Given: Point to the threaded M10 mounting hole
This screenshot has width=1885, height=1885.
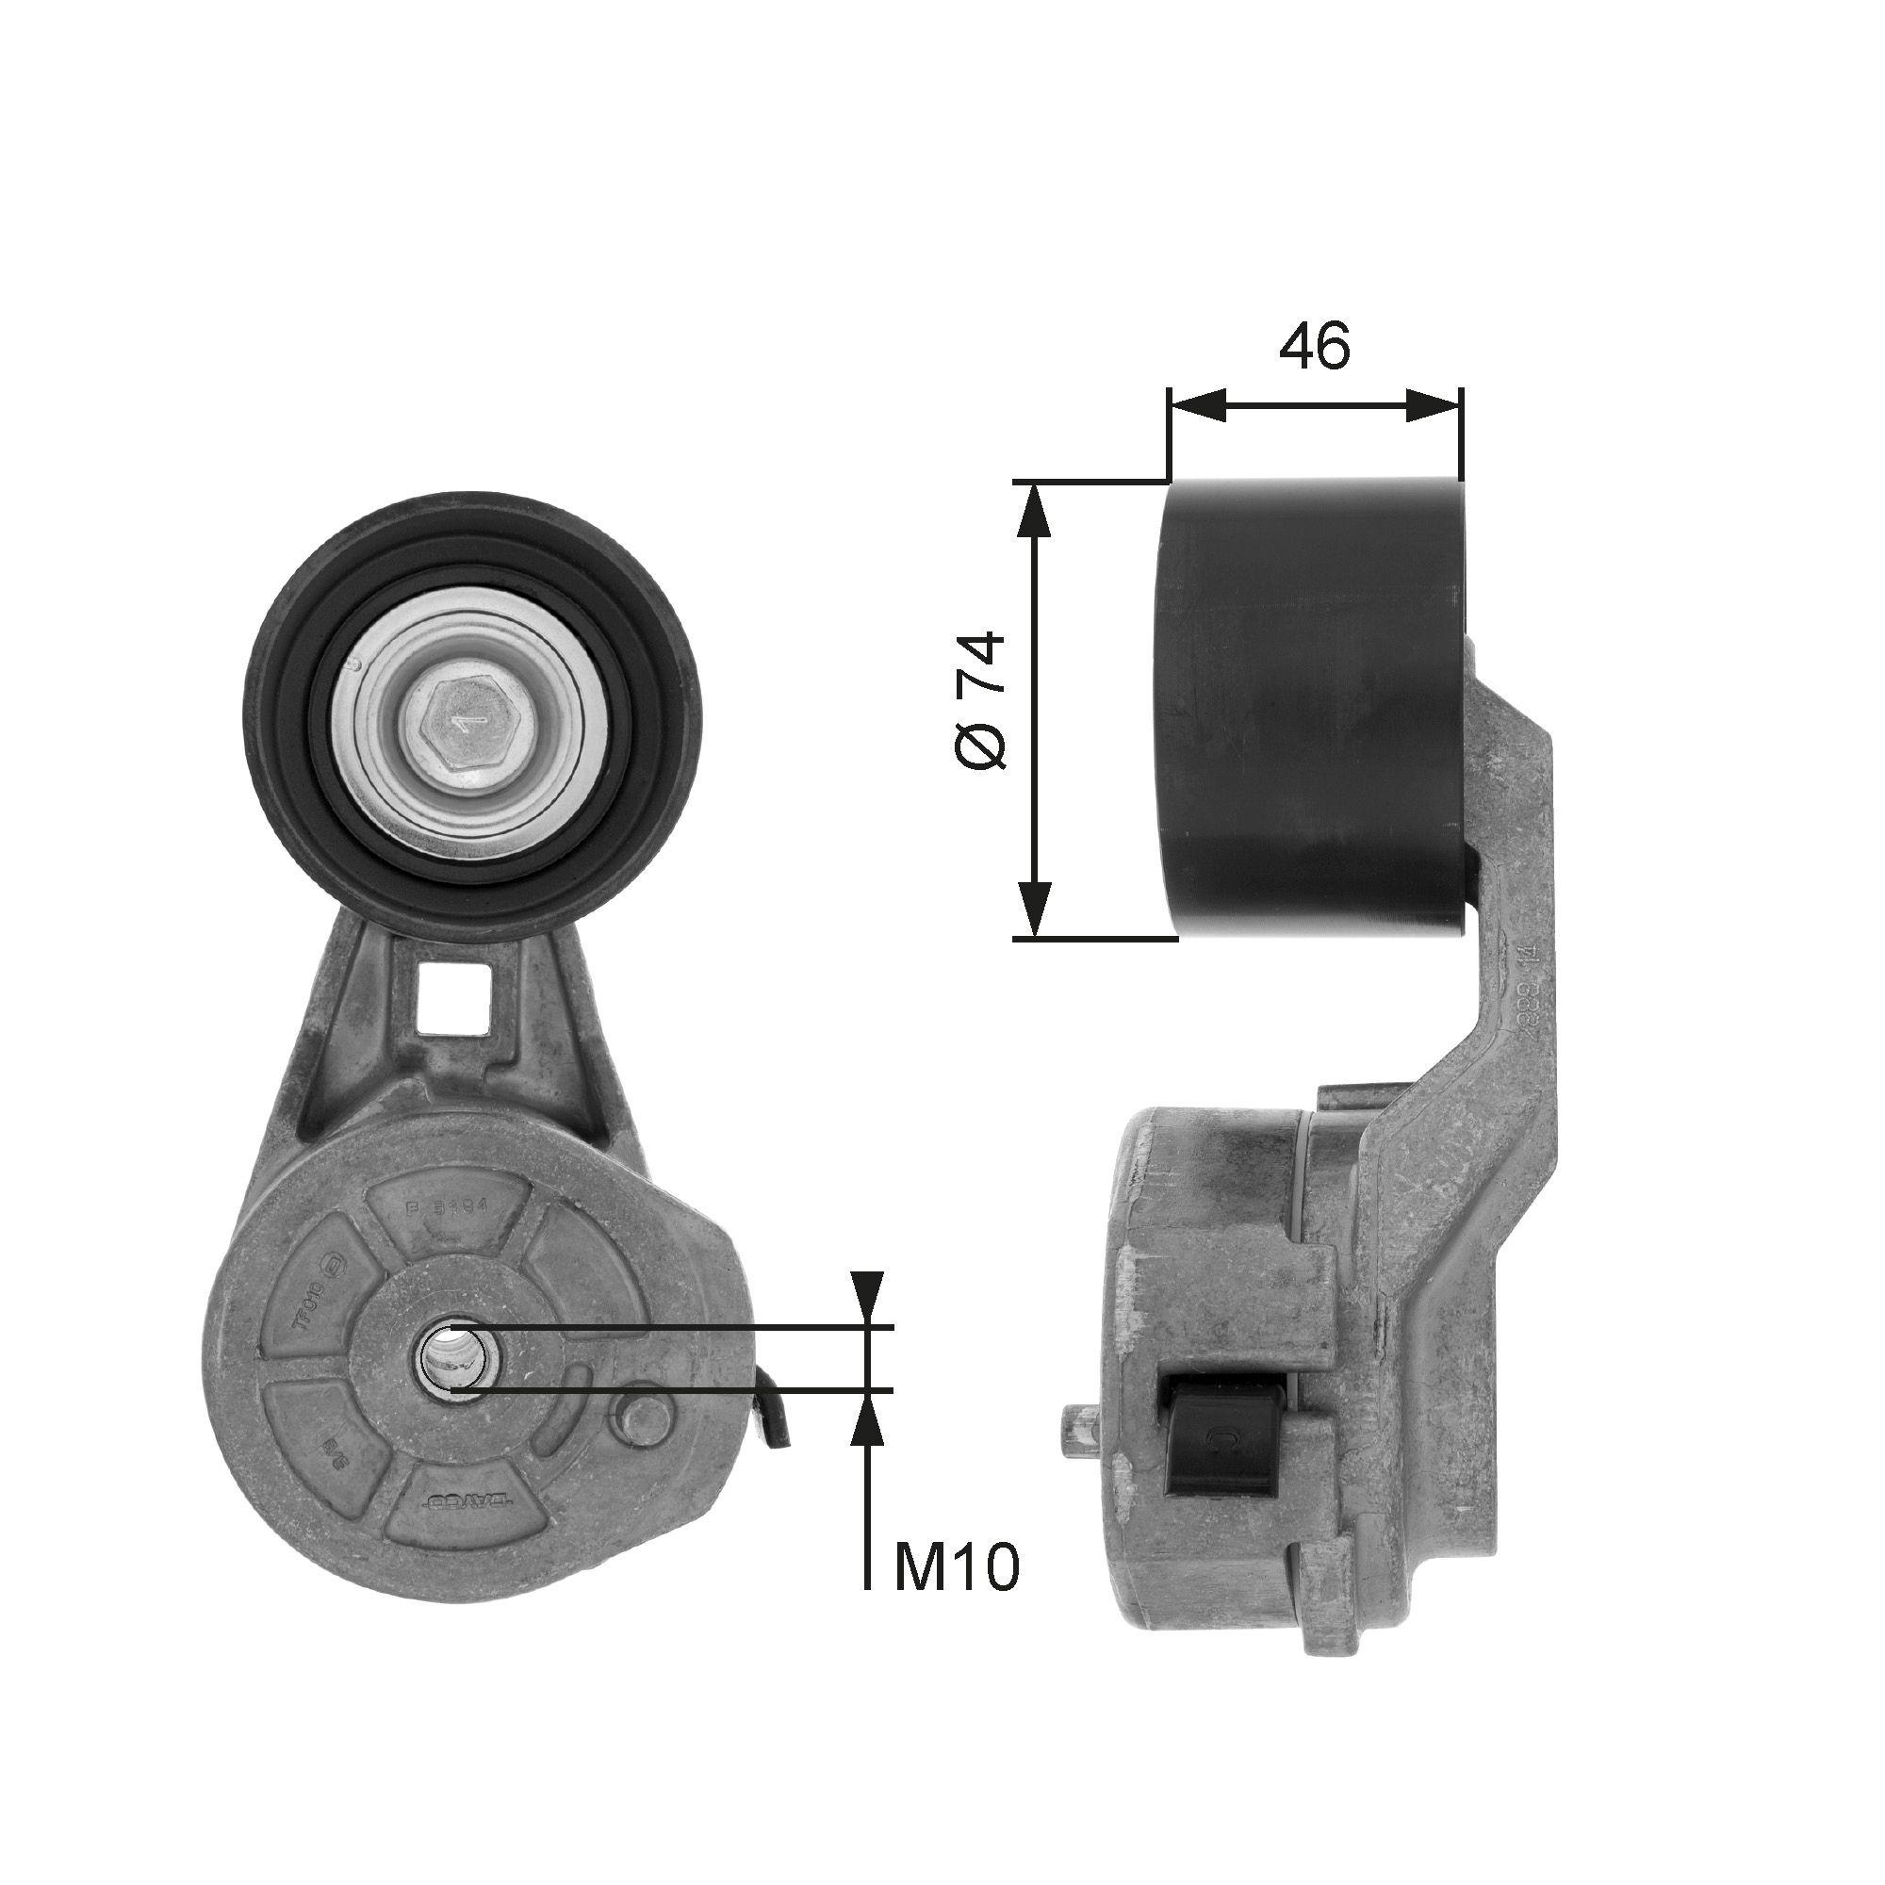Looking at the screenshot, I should click(x=451, y=1358).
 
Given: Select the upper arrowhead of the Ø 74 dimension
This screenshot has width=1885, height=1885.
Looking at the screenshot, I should click(x=1034, y=511).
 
